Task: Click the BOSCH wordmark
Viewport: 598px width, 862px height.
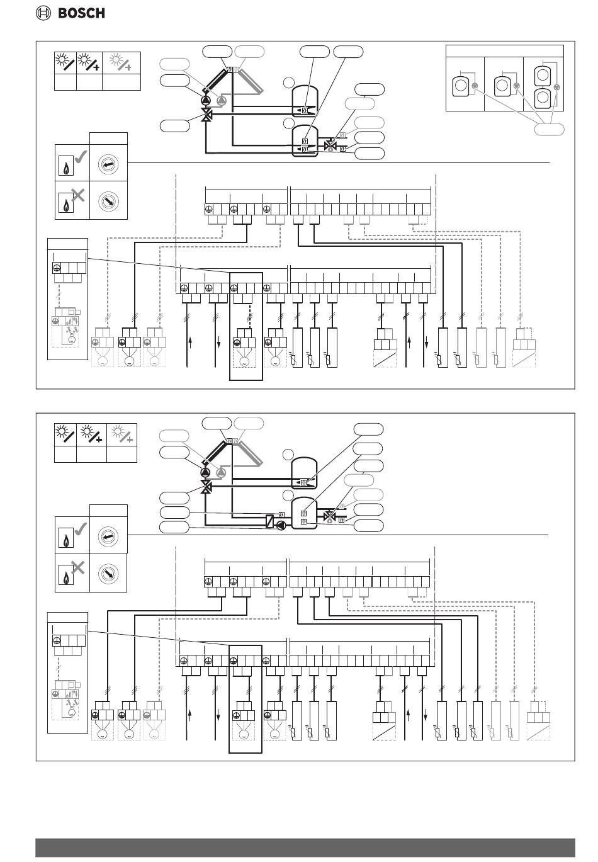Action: click(81, 13)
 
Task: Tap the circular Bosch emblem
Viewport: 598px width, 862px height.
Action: click(43, 13)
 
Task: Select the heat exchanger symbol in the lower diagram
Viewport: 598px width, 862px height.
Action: click(270, 521)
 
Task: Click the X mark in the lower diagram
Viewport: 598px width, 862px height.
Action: click(77, 567)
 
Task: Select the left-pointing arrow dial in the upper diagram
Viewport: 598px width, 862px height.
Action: click(108, 164)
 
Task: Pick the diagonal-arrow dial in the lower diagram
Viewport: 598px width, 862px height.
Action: click(108, 573)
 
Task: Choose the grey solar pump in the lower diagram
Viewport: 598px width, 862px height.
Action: click(221, 473)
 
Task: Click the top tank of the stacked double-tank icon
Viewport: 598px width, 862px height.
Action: click(543, 76)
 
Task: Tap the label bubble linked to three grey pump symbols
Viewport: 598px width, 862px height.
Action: click(549, 130)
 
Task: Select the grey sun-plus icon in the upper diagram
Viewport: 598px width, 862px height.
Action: click(121, 62)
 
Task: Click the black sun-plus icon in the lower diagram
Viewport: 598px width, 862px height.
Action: click(91, 434)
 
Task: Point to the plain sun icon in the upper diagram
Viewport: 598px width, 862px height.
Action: click(65, 62)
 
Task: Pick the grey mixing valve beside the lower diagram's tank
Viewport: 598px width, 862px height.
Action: click(329, 516)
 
